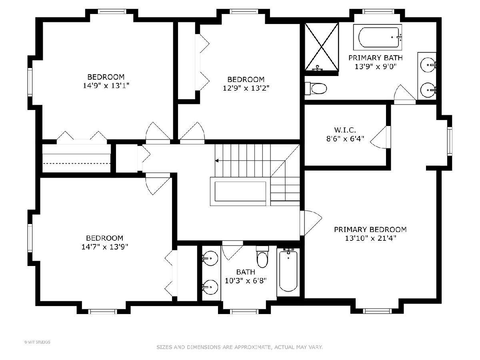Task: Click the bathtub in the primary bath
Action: (x=378, y=37)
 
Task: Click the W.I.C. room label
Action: (x=345, y=130)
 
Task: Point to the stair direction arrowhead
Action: (x=217, y=161)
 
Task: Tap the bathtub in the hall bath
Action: (x=288, y=271)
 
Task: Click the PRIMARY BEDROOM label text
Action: (x=370, y=230)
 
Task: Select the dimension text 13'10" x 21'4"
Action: (x=370, y=238)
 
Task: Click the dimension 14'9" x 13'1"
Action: (x=106, y=86)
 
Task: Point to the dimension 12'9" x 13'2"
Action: (x=246, y=88)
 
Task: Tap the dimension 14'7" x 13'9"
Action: (x=104, y=247)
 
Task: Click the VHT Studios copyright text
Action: (x=37, y=342)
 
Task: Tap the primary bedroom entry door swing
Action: (x=311, y=223)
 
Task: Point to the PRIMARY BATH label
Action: (x=376, y=58)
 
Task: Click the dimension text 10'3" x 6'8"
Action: (x=246, y=281)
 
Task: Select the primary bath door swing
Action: (x=404, y=94)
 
